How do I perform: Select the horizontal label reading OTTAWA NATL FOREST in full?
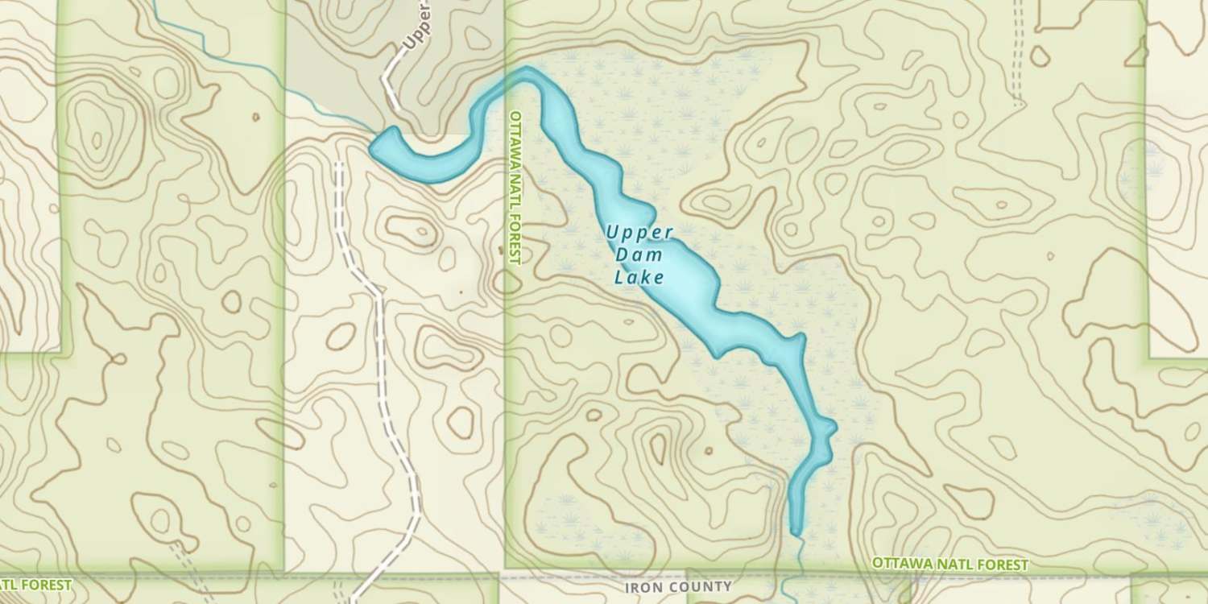point(950,565)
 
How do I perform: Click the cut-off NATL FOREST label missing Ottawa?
point(35,585)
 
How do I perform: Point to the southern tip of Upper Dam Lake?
point(796,532)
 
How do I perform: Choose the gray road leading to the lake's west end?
point(390,89)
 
